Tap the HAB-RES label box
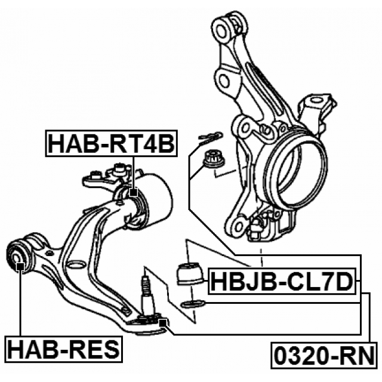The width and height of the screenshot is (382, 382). pos(63,347)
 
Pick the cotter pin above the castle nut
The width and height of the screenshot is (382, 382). pos(208,138)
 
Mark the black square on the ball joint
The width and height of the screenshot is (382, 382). pos(162,322)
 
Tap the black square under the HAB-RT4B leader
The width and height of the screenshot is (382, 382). pos(133,192)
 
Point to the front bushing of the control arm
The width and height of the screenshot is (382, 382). pos(23,254)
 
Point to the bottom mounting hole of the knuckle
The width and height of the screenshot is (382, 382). pos(239,226)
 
